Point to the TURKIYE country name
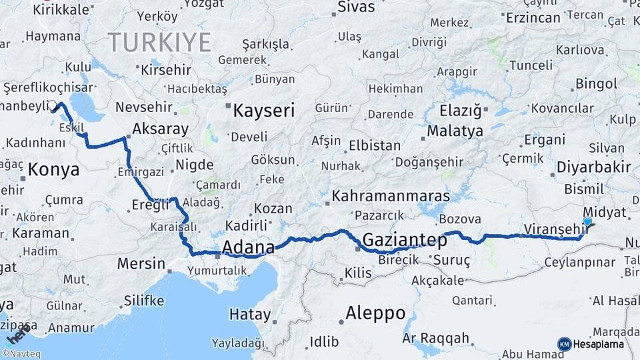pos(160,43)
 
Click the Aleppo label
pos(375,313)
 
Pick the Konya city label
pos(54,169)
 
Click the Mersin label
pos(141,263)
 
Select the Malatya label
pos(455,131)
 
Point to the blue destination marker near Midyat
pos(587,223)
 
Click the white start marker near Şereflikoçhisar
pos(53,105)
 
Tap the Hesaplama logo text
pos(598,344)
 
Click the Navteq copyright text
pos(21,354)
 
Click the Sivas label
pos(357,7)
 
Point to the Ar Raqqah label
pos(435,339)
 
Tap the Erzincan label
pos(533,18)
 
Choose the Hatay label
pos(250,315)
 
